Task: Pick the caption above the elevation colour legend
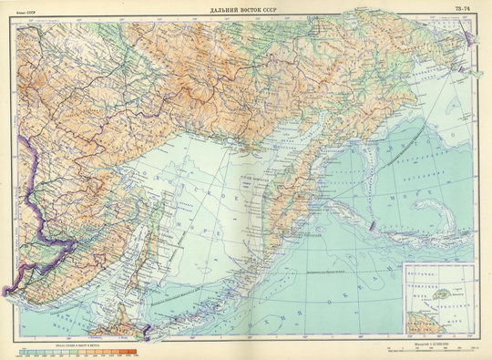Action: tap(77, 344)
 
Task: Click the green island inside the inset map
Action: tap(442, 297)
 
